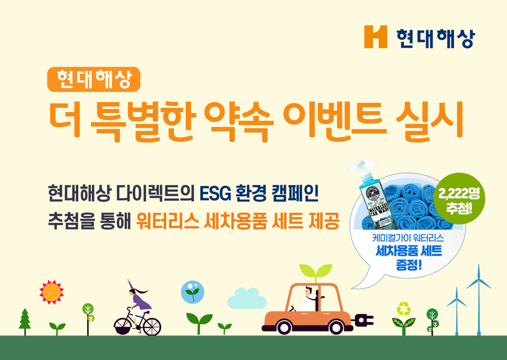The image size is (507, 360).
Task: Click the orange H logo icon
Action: click(x=375, y=36)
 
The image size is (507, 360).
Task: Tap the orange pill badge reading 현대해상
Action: click(x=94, y=79)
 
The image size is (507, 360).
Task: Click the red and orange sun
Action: click(x=51, y=292)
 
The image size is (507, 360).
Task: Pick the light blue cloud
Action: click(x=247, y=299)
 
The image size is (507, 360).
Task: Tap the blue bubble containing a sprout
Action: click(x=193, y=292)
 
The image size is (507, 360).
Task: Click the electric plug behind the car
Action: click(x=363, y=319)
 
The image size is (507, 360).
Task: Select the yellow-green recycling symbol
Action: click(x=404, y=309)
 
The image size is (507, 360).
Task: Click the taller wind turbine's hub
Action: click(x=479, y=280)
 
